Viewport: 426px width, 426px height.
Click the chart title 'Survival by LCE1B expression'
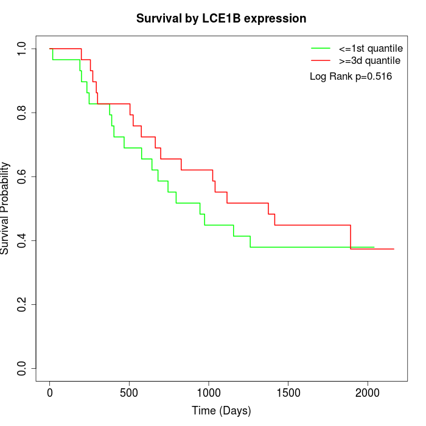[221, 19]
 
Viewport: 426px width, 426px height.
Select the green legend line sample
[321, 47]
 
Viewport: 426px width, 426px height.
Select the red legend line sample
[321, 60]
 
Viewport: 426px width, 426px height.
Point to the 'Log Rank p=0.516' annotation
[351, 77]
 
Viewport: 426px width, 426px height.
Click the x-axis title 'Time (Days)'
[221, 411]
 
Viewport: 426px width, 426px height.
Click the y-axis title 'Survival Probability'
[5, 208]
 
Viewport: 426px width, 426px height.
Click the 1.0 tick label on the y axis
[23, 49]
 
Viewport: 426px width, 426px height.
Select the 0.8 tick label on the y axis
[23, 113]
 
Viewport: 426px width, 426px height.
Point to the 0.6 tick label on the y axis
[23, 176]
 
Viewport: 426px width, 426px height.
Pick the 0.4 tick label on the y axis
[23, 240]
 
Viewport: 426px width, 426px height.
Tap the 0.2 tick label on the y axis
[23, 304]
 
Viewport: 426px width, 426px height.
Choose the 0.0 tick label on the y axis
[23, 368]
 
